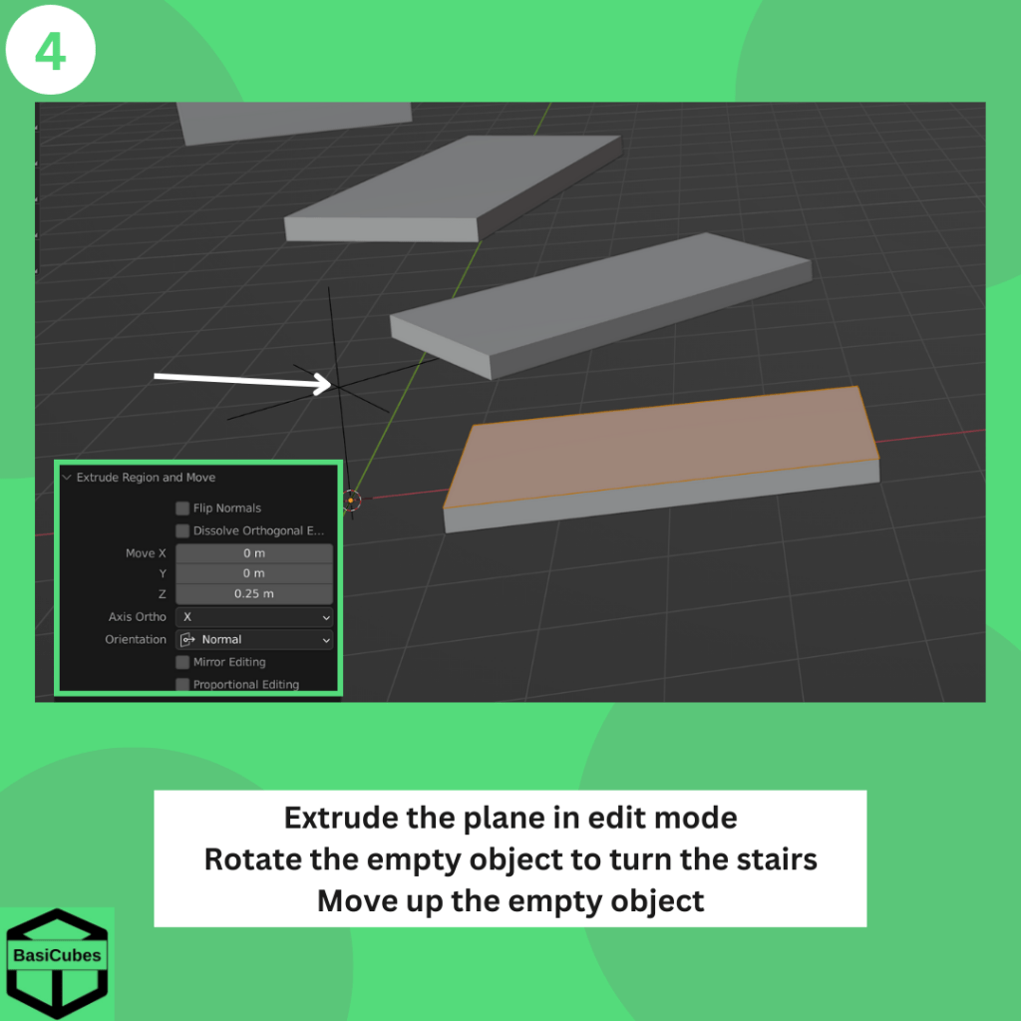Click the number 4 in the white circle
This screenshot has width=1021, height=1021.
(x=50, y=52)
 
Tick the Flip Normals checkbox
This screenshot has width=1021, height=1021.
(x=182, y=508)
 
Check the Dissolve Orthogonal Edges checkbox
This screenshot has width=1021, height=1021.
(x=182, y=530)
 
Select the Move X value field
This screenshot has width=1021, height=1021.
(x=254, y=552)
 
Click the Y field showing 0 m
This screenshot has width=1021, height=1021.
(x=254, y=573)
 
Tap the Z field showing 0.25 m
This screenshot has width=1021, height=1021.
(x=254, y=593)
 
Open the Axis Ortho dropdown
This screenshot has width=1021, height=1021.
(x=254, y=616)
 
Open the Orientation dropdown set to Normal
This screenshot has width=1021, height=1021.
(x=254, y=639)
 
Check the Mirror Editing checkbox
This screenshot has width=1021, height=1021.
(x=182, y=662)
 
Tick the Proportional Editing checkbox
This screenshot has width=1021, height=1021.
(x=182, y=684)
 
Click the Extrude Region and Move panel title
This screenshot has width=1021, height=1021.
(x=146, y=478)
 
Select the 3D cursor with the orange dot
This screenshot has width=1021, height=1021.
(x=351, y=501)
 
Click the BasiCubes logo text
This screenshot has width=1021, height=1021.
(x=57, y=955)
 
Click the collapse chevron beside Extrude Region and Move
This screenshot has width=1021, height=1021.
(x=67, y=478)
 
